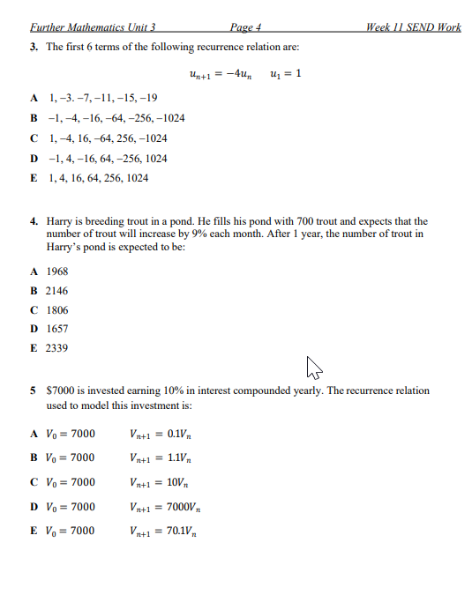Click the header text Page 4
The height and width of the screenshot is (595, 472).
(x=247, y=27)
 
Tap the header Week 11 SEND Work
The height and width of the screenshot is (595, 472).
(x=414, y=27)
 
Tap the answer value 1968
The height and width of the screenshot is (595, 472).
(x=57, y=271)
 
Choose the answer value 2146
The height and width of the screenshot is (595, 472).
(x=57, y=291)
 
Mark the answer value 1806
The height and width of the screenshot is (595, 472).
(x=57, y=310)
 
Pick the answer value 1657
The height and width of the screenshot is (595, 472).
(x=57, y=330)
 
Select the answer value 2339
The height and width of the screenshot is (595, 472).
(x=57, y=349)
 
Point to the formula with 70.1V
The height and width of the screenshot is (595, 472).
(x=163, y=532)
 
